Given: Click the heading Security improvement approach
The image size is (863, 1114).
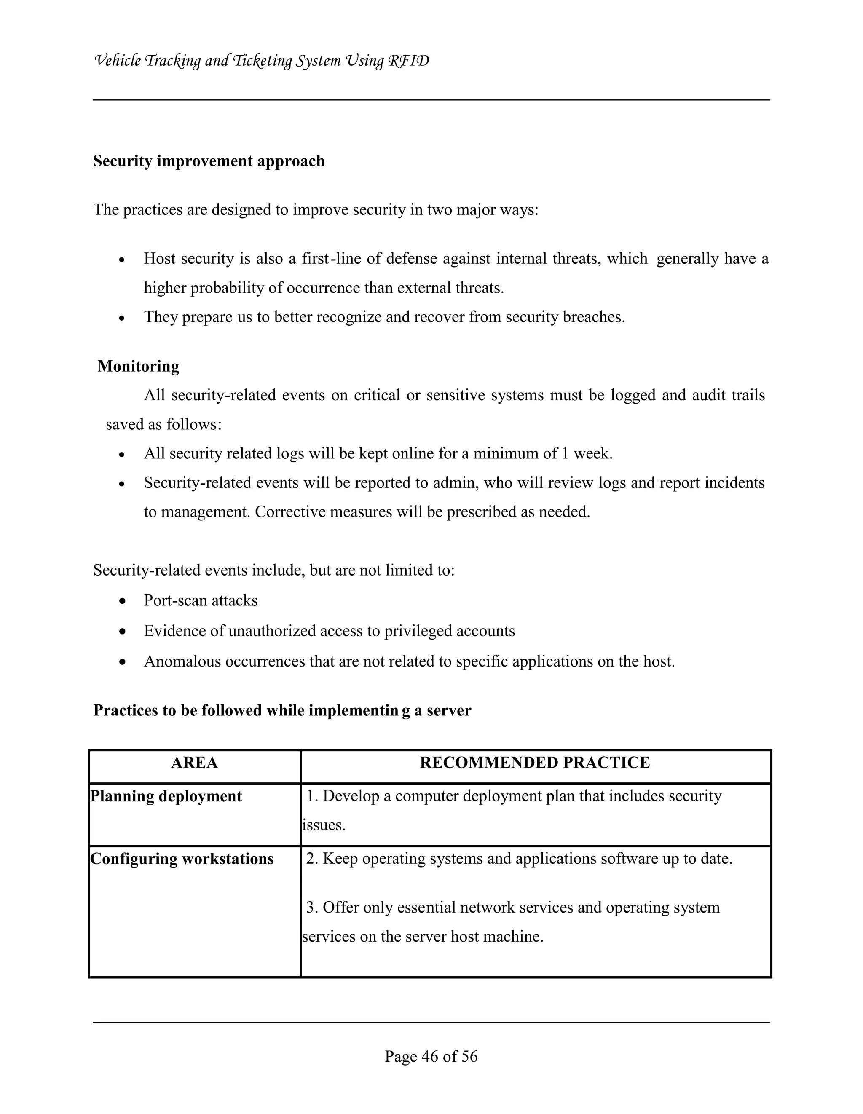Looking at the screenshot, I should pos(209,161).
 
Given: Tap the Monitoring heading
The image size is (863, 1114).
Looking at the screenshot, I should pos(138,366).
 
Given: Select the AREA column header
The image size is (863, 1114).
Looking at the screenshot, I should pos(194,763).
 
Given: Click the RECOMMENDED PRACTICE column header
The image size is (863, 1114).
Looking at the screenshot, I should pos(535,763).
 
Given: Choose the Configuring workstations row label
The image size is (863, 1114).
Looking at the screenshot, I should pos(182,858).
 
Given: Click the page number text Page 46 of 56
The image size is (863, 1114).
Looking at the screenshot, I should pos(431,1056).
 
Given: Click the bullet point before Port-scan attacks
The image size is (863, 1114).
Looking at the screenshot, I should pos(121,601).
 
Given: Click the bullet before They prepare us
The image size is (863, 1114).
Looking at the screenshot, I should pos(121,318).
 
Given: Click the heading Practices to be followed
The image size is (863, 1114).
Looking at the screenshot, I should pos(282,710).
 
